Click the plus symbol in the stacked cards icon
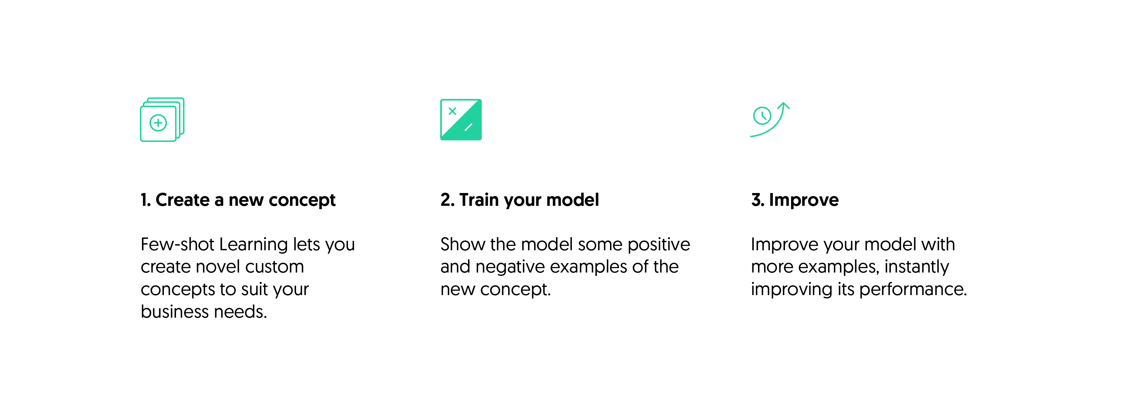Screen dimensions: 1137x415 [x=158, y=123]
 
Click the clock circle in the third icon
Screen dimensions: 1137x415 [x=762, y=116]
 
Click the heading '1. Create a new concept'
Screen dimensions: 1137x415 [x=238, y=200]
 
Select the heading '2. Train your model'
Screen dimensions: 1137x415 [x=520, y=200]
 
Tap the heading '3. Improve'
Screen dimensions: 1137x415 [x=794, y=200]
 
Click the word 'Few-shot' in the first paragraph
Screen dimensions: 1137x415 [x=177, y=244]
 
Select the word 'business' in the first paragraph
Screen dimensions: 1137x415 [x=175, y=312]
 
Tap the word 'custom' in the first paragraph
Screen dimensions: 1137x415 [x=274, y=267]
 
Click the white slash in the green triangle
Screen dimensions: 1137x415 [x=468, y=127]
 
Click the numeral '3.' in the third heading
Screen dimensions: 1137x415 [x=757, y=200]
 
